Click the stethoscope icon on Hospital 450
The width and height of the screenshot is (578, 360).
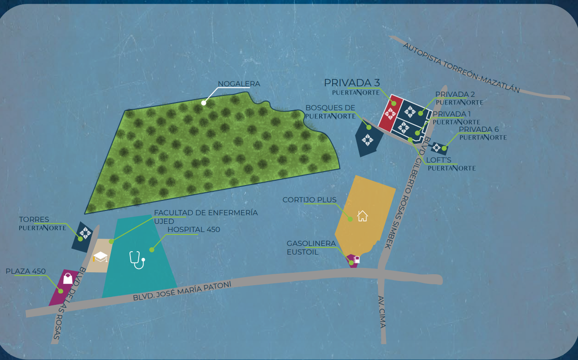[137, 260]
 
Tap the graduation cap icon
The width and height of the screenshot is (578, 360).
[100, 256]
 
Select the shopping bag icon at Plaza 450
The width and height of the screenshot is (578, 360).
[68, 279]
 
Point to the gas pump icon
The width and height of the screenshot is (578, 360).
[357, 260]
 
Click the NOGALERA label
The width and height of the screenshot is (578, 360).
[239, 84]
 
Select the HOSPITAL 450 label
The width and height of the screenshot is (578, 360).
[194, 229]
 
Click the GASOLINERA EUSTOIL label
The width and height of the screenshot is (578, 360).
[311, 248]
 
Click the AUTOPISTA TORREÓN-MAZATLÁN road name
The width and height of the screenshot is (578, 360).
[461, 68]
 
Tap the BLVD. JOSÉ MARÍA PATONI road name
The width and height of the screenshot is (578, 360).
[182, 292]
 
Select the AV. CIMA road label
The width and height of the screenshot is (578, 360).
[382, 311]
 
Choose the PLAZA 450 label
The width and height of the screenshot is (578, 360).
[26, 271]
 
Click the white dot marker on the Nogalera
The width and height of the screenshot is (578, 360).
[204, 103]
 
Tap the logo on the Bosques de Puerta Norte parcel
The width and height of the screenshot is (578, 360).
[368, 140]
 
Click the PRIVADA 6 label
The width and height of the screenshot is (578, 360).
[479, 129]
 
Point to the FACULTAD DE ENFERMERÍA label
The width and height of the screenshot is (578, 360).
[206, 213]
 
